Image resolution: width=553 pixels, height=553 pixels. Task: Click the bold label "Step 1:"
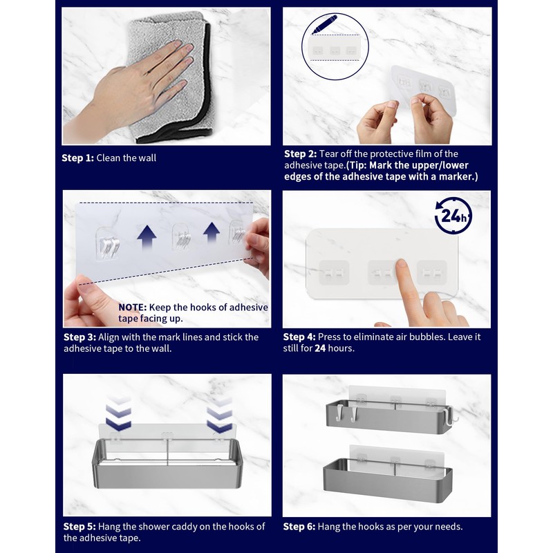coord(77,158)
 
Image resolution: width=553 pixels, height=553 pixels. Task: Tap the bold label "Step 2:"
coord(301,153)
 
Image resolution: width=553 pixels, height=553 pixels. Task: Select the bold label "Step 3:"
coord(79,337)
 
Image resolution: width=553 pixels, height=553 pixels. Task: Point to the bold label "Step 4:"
coord(299,337)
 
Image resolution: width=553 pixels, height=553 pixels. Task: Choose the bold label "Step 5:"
coord(79,526)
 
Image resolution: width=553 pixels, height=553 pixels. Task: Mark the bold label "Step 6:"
coord(299,526)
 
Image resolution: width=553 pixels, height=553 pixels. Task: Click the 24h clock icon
coord(453,215)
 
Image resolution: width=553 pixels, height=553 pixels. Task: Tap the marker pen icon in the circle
coord(324,24)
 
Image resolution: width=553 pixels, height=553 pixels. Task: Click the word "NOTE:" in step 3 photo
coord(132,307)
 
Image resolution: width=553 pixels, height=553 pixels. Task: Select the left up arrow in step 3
coord(147,237)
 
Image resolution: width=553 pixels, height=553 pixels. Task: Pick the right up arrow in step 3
coord(212,232)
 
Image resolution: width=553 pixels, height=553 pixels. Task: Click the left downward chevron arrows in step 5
coord(118,413)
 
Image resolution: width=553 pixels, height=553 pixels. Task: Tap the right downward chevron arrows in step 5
coord(219,415)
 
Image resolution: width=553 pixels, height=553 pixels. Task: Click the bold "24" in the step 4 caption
coord(320,348)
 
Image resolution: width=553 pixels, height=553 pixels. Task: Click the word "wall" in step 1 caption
coord(147,158)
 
